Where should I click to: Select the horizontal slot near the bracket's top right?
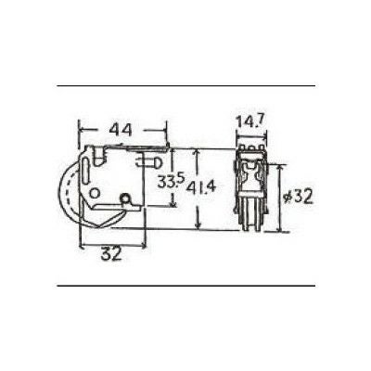click(x=147, y=159)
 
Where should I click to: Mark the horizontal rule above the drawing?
click(x=185, y=86)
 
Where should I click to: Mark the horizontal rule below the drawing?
click(x=185, y=285)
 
